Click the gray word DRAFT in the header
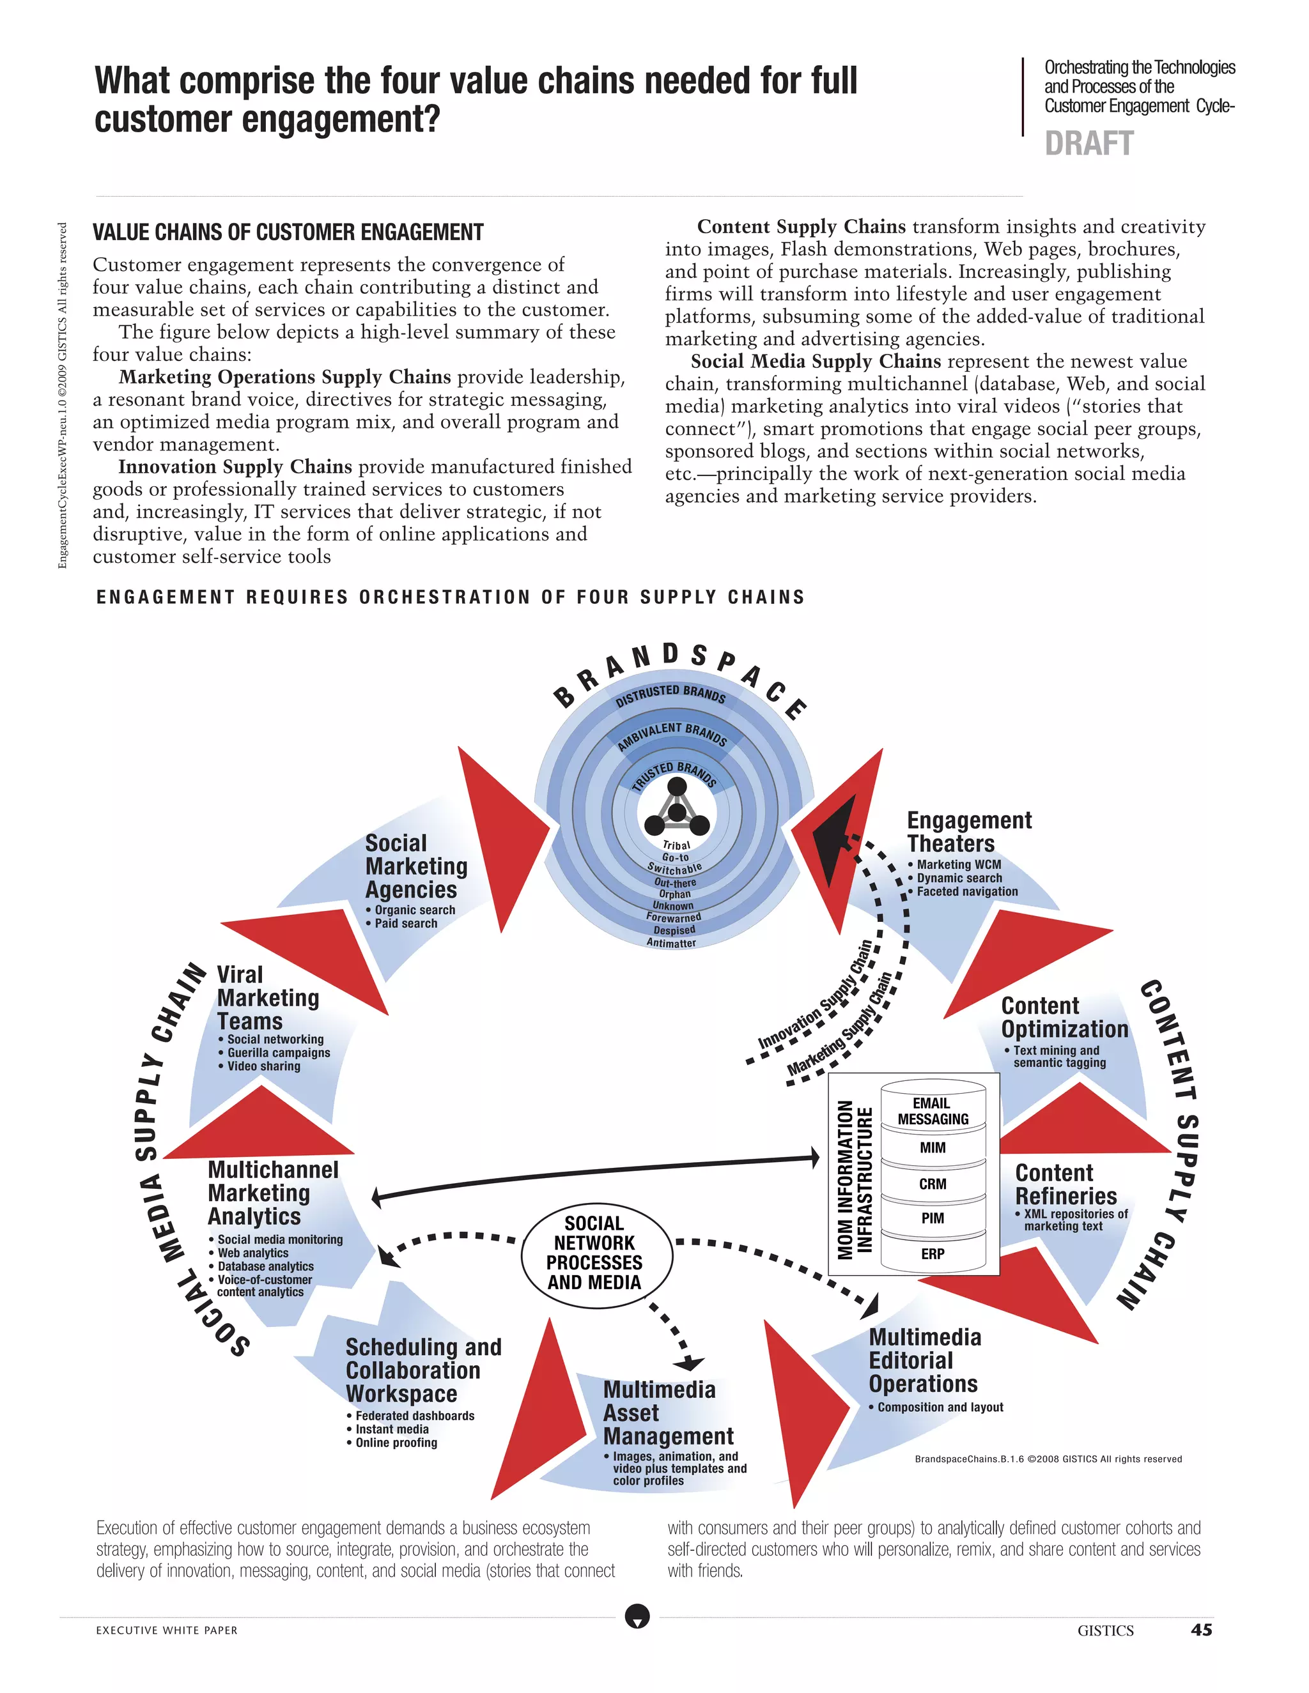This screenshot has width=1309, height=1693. [1088, 144]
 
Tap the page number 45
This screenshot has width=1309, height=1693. [1201, 1630]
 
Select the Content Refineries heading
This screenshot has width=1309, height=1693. [1065, 1184]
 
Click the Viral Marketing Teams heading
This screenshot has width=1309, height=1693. [268, 998]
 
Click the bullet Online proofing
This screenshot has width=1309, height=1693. [396, 1443]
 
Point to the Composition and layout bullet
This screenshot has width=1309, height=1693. [940, 1407]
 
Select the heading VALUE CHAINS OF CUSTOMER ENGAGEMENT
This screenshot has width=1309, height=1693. [288, 233]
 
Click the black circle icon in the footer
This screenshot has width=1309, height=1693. [637, 1617]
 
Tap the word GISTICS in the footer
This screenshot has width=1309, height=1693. [1105, 1630]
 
